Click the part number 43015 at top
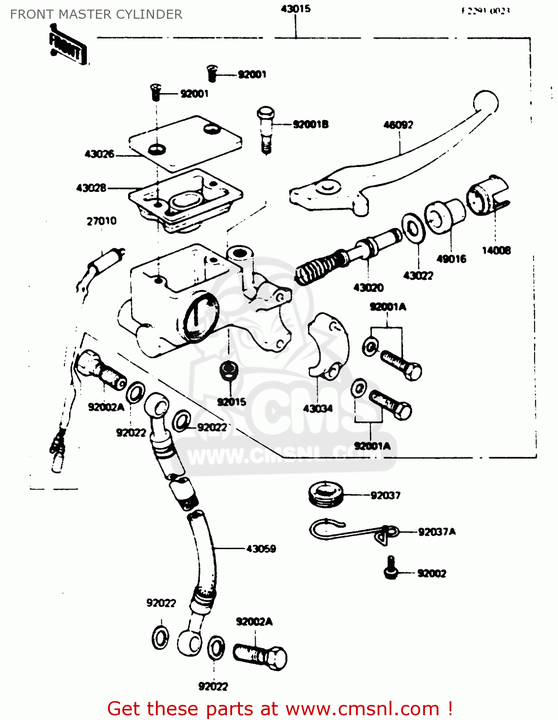click(296, 9)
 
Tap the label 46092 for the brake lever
click(398, 125)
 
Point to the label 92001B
click(310, 124)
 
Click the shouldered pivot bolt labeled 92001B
click(266, 129)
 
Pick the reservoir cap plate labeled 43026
click(185, 142)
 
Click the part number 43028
click(91, 188)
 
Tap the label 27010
click(101, 221)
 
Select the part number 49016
click(451, 259)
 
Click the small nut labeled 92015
click(228, 370)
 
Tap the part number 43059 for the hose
click(261, 549)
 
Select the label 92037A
click(436, 532)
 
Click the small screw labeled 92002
click(391, 568)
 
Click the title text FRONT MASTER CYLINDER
click(96, 14)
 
